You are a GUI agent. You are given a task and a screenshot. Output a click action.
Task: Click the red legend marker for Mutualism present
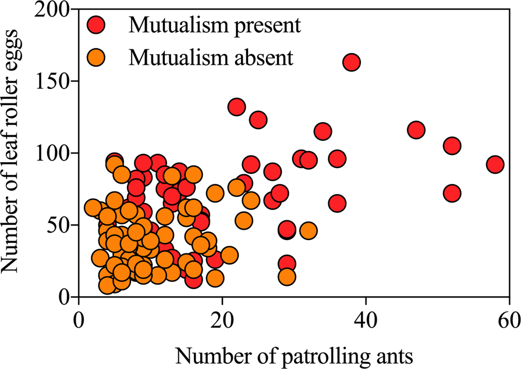(97, 25)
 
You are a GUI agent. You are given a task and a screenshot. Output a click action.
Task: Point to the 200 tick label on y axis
(54, 10)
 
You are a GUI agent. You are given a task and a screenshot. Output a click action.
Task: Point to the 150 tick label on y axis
(54, 81)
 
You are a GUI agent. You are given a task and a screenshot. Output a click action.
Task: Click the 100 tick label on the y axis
(54, 153)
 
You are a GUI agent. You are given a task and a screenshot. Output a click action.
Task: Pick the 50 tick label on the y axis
(59, 225)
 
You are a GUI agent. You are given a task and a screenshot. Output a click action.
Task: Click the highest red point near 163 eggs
(351, 62)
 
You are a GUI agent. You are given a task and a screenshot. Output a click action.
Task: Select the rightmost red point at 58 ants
(495, 164)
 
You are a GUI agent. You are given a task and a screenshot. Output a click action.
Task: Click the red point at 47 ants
(416, 130)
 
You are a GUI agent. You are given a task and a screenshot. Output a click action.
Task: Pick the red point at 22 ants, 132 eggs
(236, 107)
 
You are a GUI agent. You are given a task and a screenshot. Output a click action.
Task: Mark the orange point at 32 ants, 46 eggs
(308, 231)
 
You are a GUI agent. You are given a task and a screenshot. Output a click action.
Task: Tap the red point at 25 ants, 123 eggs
(258, 120)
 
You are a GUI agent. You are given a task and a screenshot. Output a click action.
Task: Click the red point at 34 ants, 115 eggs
(322, 131)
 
